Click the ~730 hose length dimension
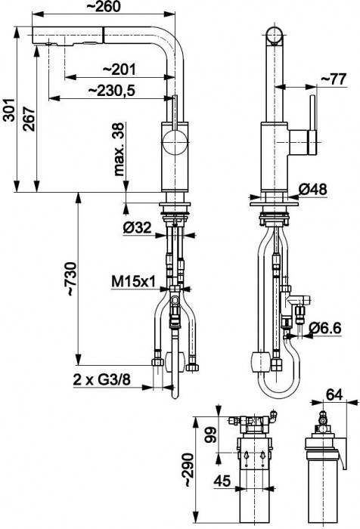[x=70, y=280]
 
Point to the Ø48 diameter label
[x=331, y=190]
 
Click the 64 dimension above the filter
[x=334, y=393]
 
